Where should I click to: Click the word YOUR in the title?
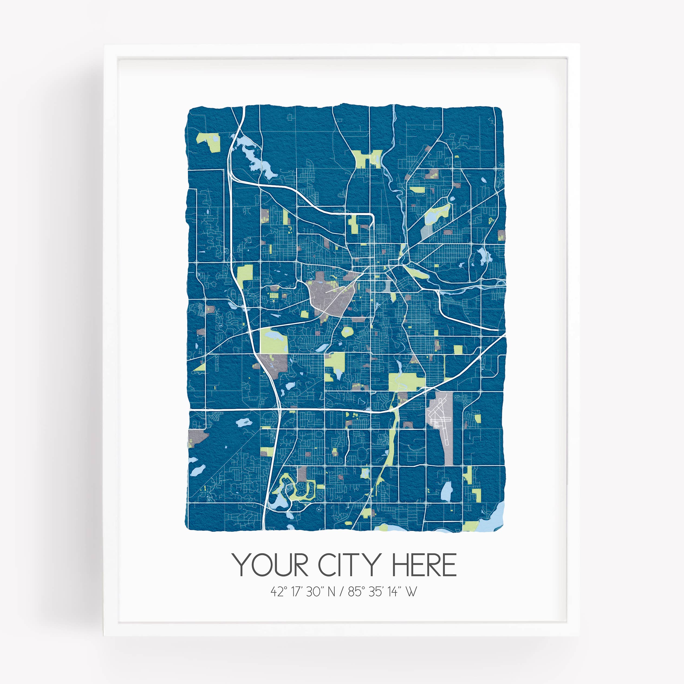(270, 565)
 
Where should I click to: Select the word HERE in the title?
(424, 565)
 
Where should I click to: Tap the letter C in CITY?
(327, 565)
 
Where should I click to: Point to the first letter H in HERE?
(399, 565)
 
